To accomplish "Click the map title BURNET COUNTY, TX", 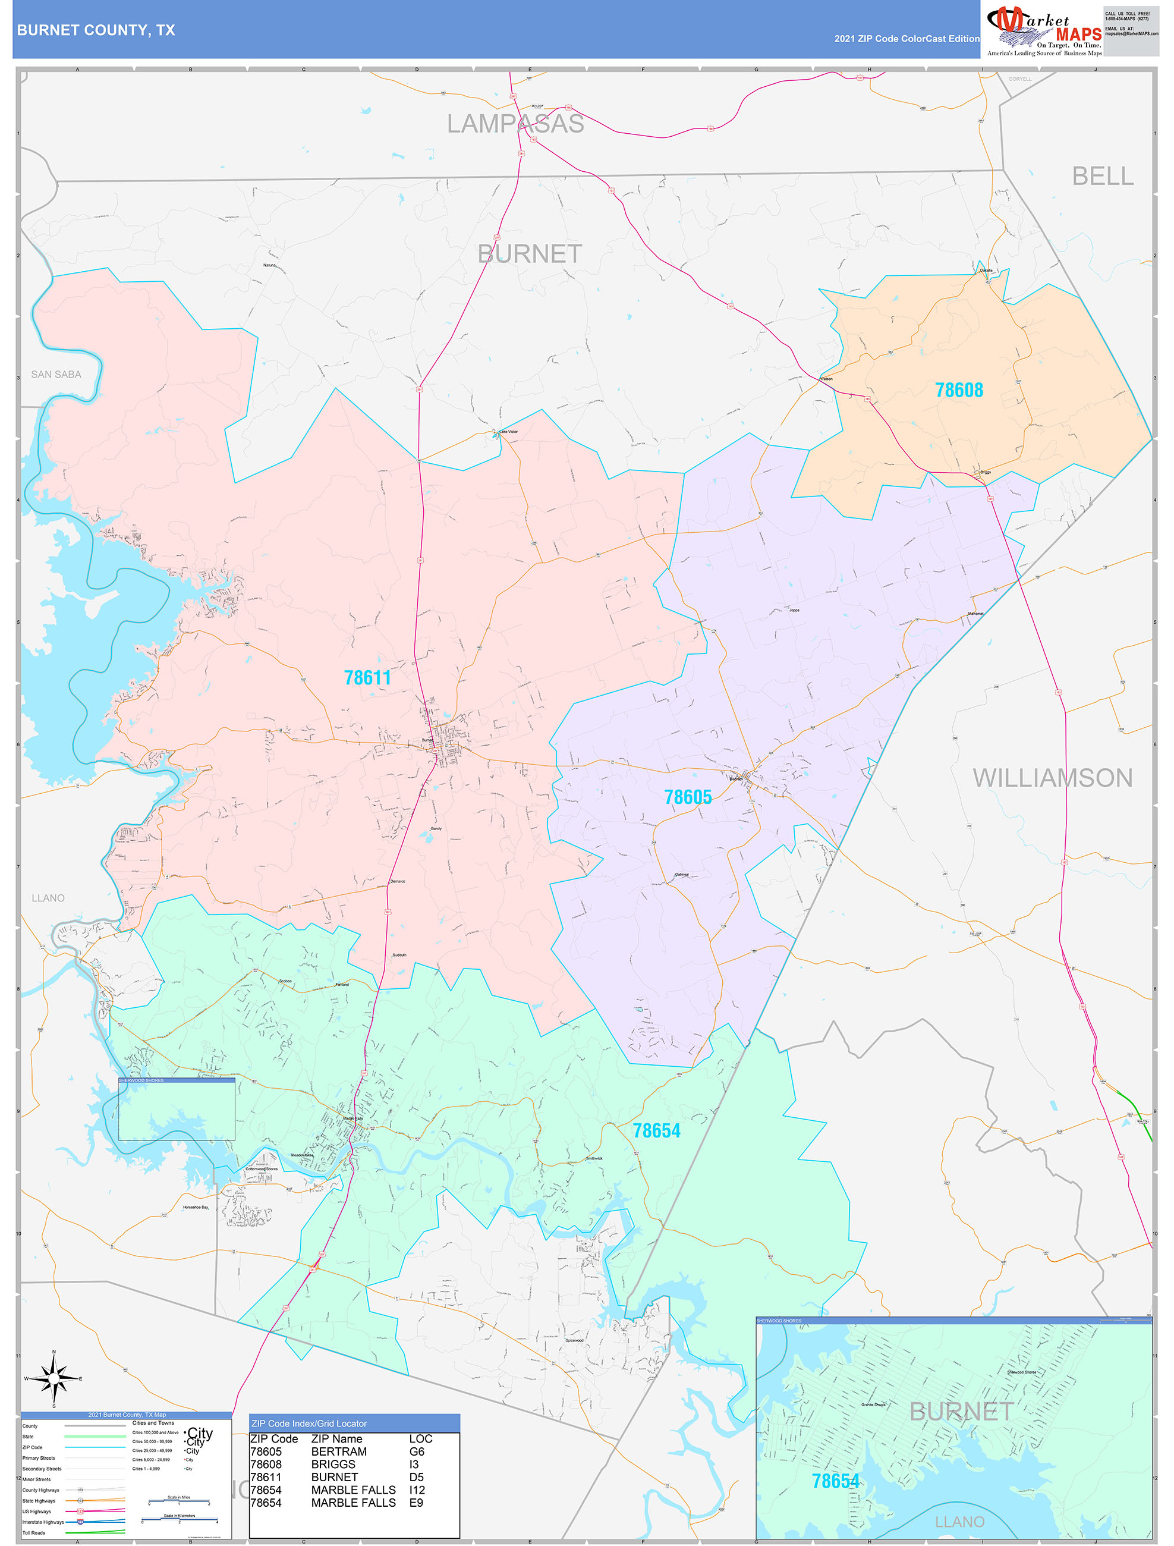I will click(96, 30).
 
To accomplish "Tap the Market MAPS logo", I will click(1044, 30).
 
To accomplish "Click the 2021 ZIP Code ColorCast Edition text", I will click(907, 39).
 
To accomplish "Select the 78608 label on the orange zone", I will click(959, 390).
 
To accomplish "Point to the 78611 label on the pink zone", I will click(367, 677).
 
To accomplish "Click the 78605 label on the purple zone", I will click(688, 797).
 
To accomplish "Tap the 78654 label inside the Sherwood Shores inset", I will click(835, 1481).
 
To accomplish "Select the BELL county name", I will click(1103, 176).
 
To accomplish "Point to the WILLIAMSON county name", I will click(1052, 778).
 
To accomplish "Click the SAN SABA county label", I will click(56, 375).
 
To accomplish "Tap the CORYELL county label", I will click(1019, 79).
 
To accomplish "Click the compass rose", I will click(54, 1378).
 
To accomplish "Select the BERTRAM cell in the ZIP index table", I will click(339, 1451).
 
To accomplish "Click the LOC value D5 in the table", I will click(417, 1477).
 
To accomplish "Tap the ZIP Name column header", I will click(337, 1439).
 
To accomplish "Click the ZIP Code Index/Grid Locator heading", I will click(309, 1424).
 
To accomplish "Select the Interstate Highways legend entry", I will click(43, 1522).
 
